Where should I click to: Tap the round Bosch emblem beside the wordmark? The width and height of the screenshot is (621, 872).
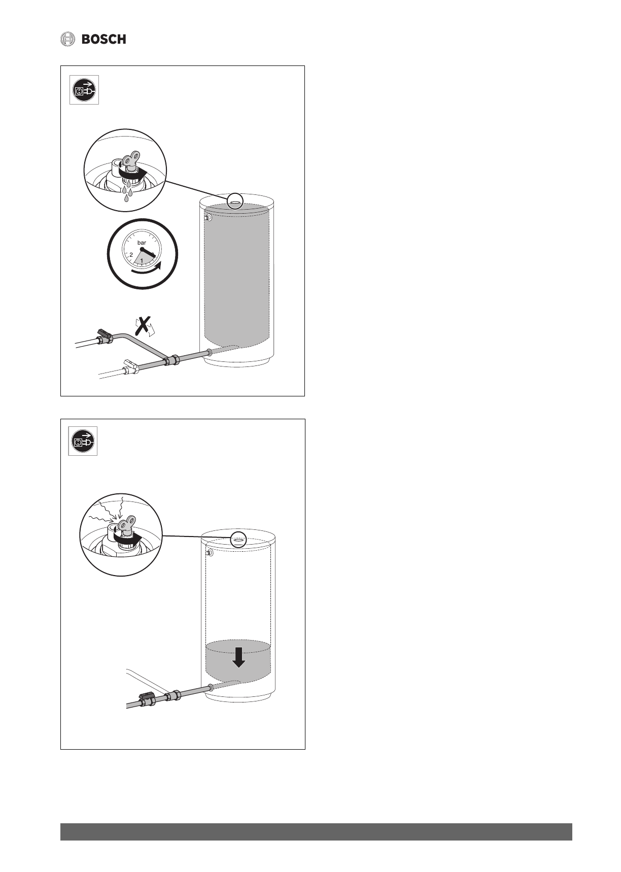click(67, 39)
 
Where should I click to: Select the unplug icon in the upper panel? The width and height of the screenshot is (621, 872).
click(84, 90)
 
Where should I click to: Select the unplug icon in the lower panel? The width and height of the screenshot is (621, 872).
click(83, 442)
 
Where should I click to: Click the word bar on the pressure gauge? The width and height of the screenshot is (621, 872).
click(142, 243)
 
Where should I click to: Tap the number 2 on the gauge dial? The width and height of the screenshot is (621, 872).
click(131, 254)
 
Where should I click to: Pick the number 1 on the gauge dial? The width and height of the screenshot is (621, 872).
click(142, 261)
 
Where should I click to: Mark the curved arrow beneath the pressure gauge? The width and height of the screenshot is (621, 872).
click(147, 270)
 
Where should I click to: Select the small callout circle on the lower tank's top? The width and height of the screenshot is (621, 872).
click(238, 540)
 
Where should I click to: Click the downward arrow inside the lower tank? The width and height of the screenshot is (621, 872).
click(238, 658)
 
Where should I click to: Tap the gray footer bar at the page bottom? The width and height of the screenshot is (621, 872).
click(316, 832)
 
